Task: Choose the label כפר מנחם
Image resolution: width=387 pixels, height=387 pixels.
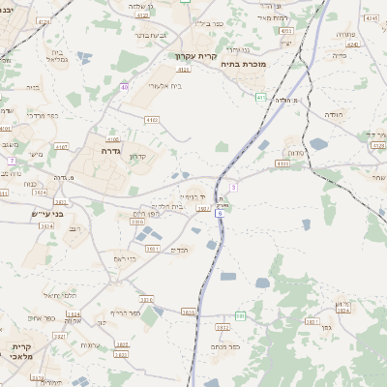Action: coord(226,345)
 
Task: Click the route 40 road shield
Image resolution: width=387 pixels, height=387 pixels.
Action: coord(124,87)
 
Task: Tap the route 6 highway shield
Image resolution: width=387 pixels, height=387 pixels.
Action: coord(222,213)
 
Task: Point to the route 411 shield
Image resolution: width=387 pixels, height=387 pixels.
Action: coord(261,97)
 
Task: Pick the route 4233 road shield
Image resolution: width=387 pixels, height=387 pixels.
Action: coord(284,31)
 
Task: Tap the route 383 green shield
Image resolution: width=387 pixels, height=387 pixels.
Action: coord(240,315)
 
